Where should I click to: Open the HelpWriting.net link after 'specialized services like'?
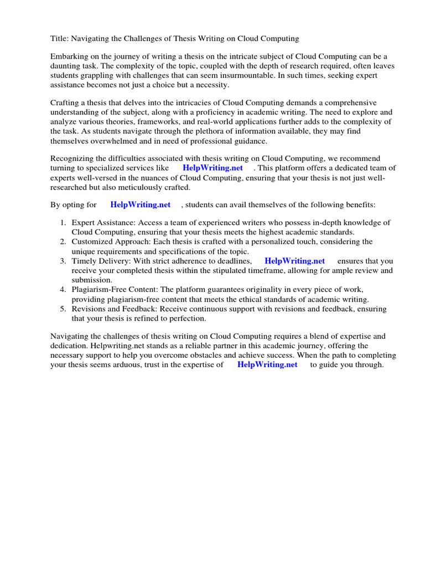212,167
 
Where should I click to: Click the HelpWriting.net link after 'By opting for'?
141,205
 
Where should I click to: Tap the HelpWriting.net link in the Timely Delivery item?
294,261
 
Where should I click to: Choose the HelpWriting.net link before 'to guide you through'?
267,365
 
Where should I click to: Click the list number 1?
63,223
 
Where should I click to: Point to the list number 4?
63,290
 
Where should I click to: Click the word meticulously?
135,187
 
